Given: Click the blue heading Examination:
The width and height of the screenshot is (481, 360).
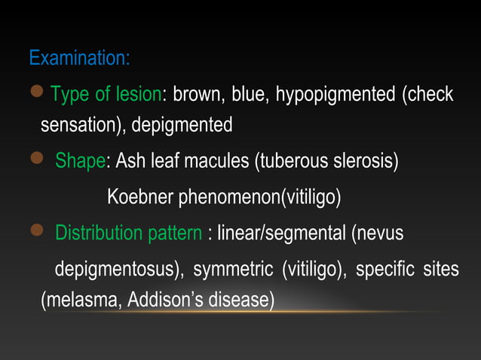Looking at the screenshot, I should [x=79, y=57].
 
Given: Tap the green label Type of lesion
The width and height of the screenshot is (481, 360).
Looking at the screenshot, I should [x=106, y=95].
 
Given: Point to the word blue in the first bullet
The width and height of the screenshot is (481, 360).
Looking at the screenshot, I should [x=250, y=95].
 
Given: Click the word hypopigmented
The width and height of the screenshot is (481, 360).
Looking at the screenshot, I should [x=335, y=95].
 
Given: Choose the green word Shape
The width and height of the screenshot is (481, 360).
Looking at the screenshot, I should [x=81, y=161].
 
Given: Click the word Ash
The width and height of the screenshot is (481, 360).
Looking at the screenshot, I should [x=130, y=161].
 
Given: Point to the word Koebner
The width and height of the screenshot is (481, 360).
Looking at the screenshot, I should [x=140, y=197].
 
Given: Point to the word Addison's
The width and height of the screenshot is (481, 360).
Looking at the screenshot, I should [x=164, y=301].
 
